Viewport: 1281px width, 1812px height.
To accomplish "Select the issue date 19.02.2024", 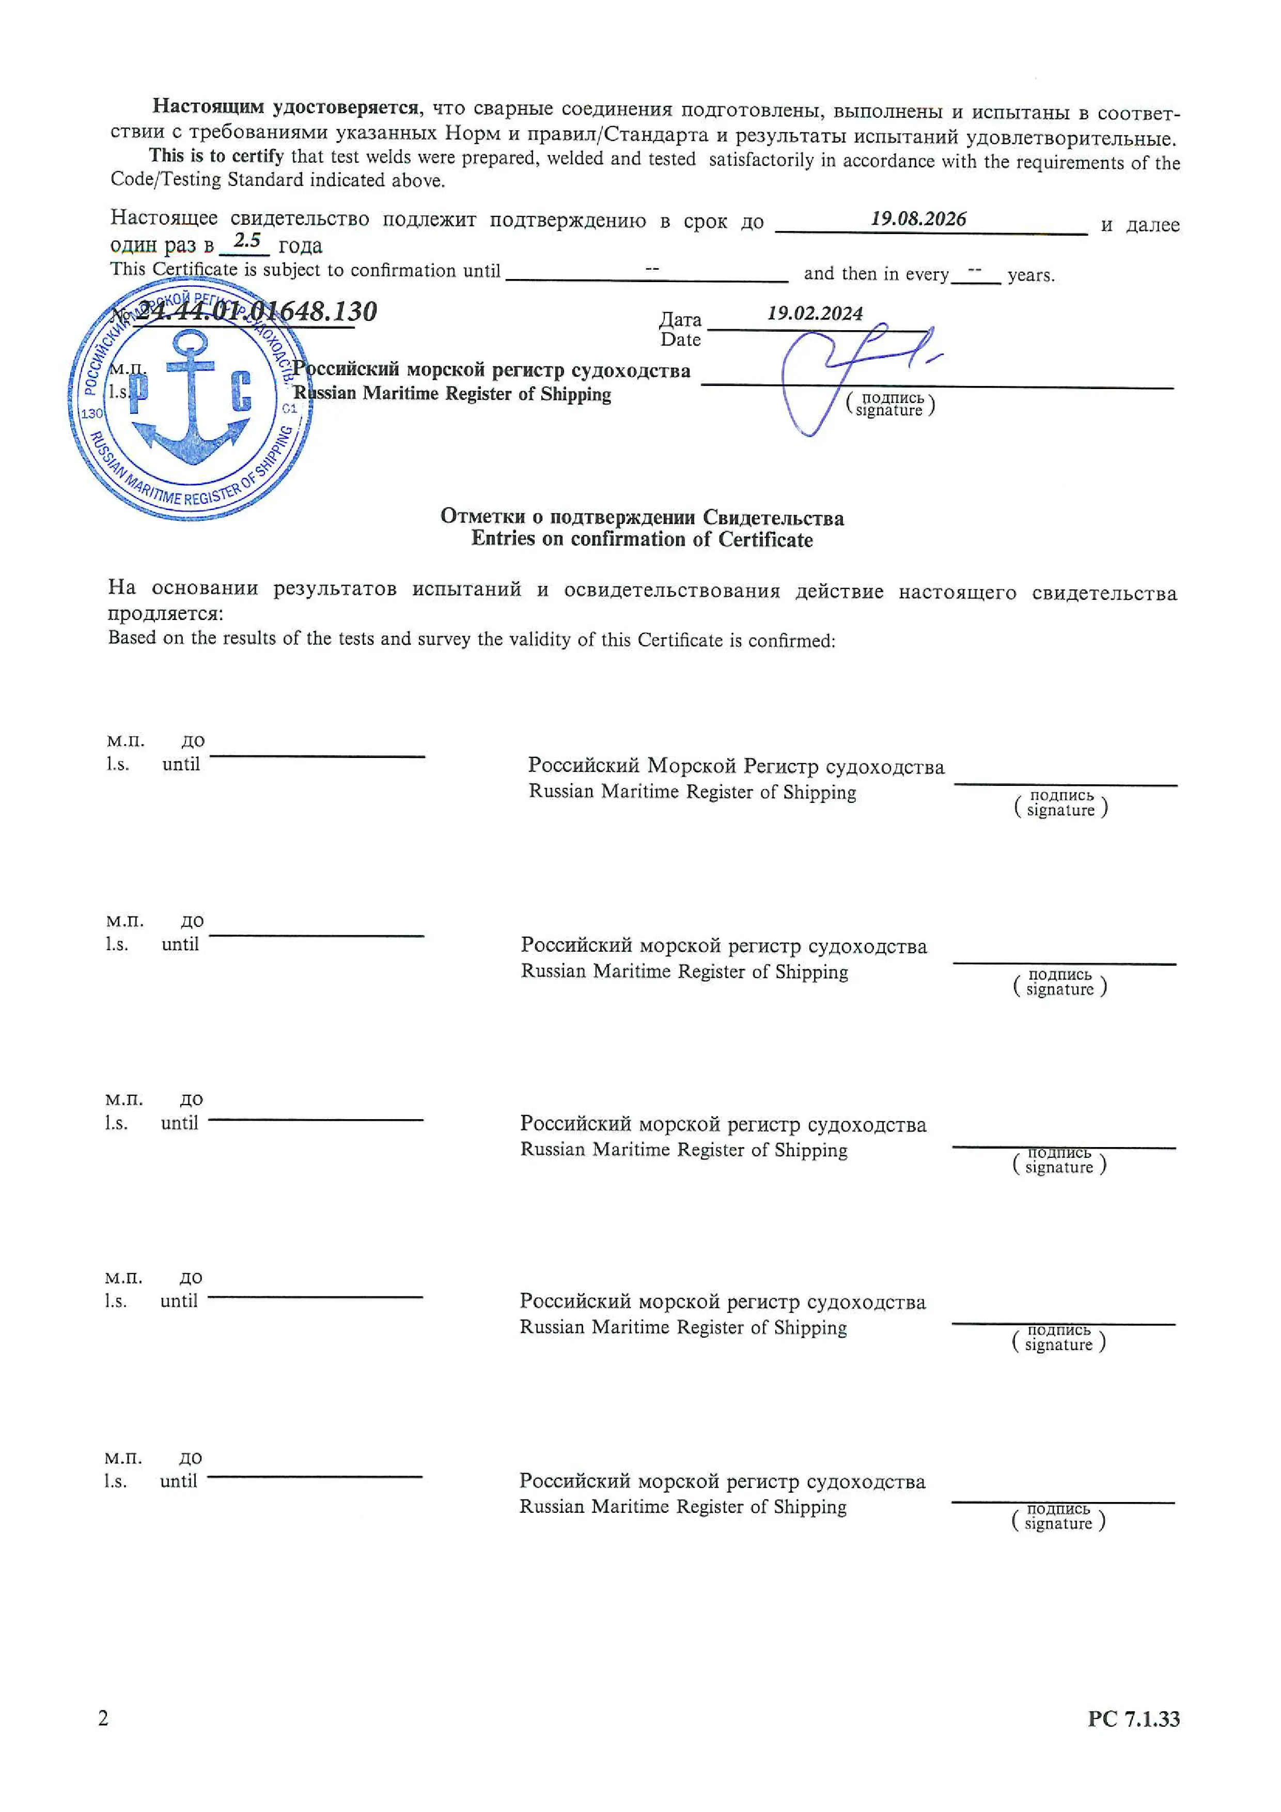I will [x=815, y=313].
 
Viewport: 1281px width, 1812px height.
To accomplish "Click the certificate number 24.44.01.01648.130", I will [x=256, y=311].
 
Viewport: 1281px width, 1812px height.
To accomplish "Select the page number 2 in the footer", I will [x=103, y=1717].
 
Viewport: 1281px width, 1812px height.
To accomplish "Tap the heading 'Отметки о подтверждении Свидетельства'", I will [x=642, y=517].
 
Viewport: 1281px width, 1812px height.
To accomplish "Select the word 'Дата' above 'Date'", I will [x=680, y=320].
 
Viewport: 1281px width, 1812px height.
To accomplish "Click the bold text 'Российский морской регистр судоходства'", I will [x=491, y=370].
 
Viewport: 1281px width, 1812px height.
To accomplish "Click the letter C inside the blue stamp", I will [x=241, y=392].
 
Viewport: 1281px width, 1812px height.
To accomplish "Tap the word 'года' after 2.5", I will [x=301, y=245].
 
